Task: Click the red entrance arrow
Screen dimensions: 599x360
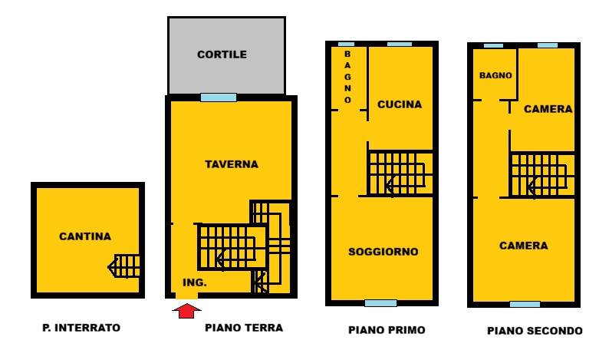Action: click(186, 311)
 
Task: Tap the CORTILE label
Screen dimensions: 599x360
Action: click(222, 54)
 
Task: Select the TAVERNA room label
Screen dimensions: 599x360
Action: click(232, 164)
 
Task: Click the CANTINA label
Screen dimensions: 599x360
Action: click(85, 236)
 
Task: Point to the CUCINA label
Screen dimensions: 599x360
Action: click(400, 104)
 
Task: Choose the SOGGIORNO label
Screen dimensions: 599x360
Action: click(383, 252)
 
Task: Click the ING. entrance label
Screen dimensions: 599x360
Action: click(195, 282)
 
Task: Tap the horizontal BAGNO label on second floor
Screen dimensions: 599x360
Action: click(495, 75)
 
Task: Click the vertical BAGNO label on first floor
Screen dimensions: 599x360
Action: click(347, 77)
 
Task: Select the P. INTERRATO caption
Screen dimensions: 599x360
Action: click(81, 328)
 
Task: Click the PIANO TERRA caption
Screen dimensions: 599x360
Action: click(244, 328)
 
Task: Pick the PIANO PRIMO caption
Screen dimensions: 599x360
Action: click(387, 330)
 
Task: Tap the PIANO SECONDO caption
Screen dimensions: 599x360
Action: click(535, 331)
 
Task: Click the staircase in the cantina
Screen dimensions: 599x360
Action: click(124, 266)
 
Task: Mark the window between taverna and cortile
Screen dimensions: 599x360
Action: click(219, 97)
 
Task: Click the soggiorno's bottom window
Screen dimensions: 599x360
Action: click(380, 303)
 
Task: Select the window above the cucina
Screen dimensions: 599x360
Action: click(400, 44)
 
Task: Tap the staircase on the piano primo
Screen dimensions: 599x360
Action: click(400, 173)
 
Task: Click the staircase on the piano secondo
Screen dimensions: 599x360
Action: click(542, 175)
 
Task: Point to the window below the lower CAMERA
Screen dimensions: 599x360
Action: click(525, 304)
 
